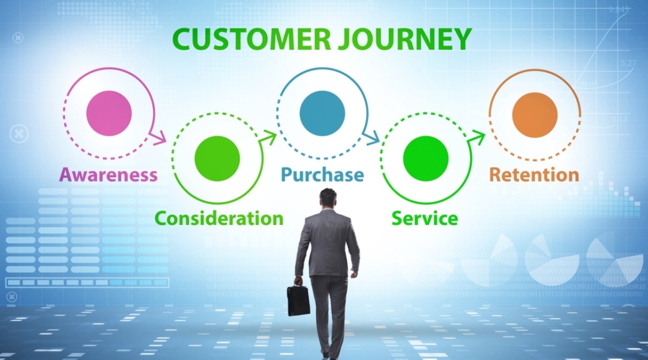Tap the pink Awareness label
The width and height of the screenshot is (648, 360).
(x=108, y=175)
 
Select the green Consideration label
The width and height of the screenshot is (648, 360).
(x=219, y=218)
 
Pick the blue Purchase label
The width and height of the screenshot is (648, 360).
(x=323, y=175)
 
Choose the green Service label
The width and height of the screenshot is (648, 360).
(x=425, y=218)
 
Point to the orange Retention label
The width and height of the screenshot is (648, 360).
(x=534, y=175)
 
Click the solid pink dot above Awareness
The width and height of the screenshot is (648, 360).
(x=109, y=113)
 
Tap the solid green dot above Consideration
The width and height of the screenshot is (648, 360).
(x=217, y=158)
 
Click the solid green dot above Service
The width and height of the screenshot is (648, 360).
(x=426, y=158)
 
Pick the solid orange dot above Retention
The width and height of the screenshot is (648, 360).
(x=535, y=115)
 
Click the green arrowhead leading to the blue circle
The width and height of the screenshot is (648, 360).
(x=269, y=137)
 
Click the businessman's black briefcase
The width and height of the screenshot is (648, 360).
(x=298, y=299)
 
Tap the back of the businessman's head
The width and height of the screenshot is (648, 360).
(x=328, y=199)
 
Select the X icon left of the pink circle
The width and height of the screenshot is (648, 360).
(x=20, y=133)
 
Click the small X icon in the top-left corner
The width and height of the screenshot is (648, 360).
(x=18, y=37)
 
